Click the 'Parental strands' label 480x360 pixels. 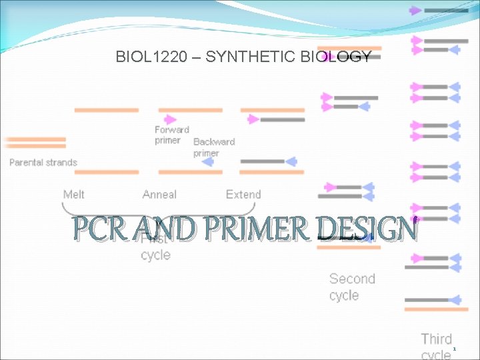(x=43, y=162)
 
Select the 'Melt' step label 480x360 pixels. (x=74, y=195)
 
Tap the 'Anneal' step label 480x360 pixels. (x=159, y=195)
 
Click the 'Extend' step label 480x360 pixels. (x=243, y=195)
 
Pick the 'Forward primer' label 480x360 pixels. (x=172, y=135)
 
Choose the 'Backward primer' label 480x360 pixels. (x=213, y=147)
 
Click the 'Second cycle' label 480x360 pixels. (x=352, y=287)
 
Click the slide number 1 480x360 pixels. (x=454, y=349)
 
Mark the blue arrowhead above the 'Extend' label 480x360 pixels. (x=291, y=161)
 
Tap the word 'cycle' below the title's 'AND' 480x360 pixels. (x=156, y=255)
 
